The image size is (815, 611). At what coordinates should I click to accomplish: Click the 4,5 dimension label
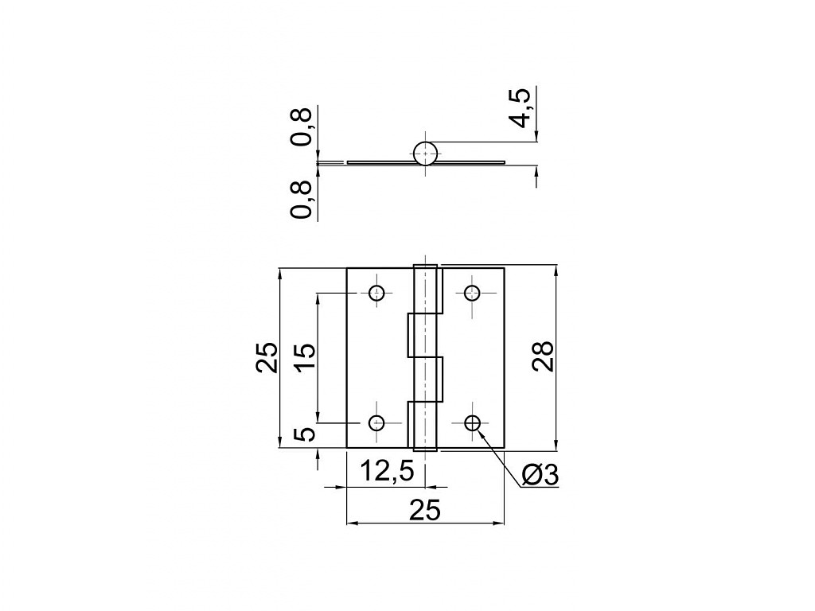(521, 108)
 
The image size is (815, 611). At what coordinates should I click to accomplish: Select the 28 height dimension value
(543, 356)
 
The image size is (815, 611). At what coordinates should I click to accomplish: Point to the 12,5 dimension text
(387, 471)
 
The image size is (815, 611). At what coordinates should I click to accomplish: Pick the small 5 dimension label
(306, 434)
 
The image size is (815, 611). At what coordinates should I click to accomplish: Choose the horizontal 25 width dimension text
(425, 510)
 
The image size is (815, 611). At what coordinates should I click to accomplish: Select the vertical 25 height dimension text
(267, 357)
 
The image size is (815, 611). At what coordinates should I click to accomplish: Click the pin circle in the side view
(426, 154)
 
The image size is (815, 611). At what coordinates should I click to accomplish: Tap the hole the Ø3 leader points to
(473, 423)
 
